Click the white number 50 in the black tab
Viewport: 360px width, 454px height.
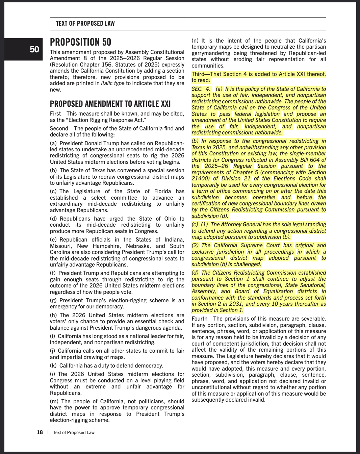click(x=34, y=50)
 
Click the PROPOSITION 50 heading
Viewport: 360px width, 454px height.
click(x=80, y=42)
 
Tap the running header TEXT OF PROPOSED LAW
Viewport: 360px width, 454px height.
click(x=85, y=24)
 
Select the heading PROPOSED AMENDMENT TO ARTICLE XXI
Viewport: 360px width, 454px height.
click(x=110, y=104)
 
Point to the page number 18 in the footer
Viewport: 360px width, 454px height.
click(x=40, y=432)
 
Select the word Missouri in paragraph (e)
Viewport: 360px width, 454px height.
click(x=60, y=246)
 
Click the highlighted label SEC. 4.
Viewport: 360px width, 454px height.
click(x=201, y=89)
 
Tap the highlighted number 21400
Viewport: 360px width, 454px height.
click(x=201, y=178)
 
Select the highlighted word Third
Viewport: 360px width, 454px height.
click(x=198, y=74)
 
